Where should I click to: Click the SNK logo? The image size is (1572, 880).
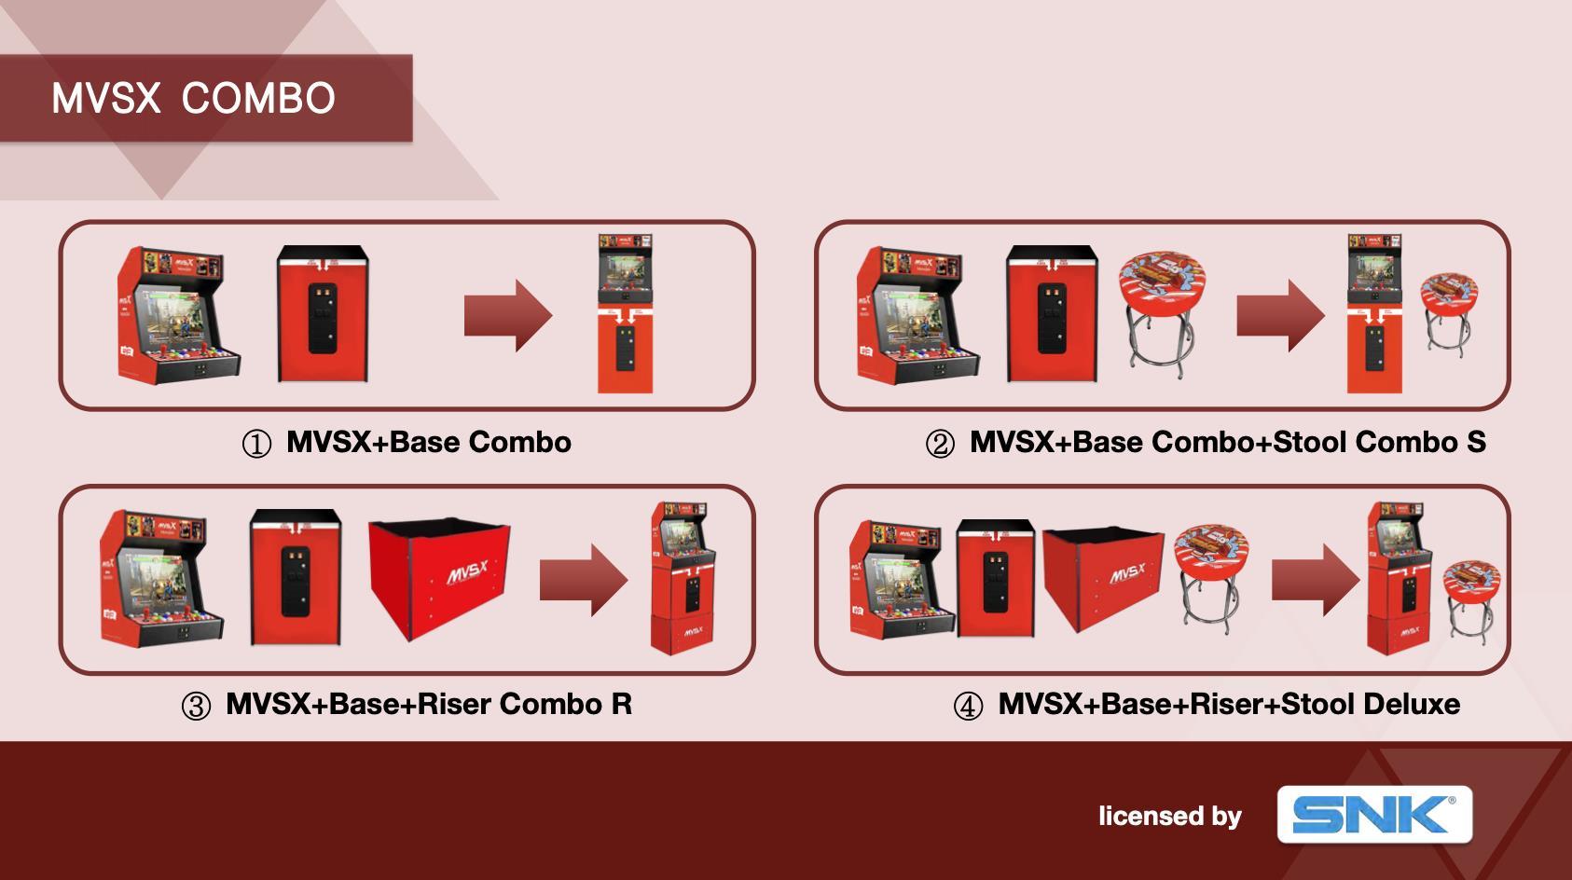click(1373, 814)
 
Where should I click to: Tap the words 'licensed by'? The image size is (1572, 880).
click(1169, 817)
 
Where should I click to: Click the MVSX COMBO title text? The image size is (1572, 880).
click(193, 98)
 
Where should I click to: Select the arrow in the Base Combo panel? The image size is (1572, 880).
click(508, 315)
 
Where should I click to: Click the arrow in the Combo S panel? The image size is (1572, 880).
click(1280, 315)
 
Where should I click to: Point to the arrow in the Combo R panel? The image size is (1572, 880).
click(584, 580)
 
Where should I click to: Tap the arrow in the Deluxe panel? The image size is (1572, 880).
click(1316, 580)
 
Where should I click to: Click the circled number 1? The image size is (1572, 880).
click(256, 444)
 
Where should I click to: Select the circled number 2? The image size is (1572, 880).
click(940, 444)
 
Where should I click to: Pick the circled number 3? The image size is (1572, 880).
click(196, 707)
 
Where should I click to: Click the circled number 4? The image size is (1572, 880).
click(968, 707)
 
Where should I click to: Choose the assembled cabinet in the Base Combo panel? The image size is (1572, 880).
click(625, 314)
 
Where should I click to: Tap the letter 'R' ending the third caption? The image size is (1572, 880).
click(621, 704)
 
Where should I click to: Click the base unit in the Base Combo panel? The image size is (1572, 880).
click(323, 314)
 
